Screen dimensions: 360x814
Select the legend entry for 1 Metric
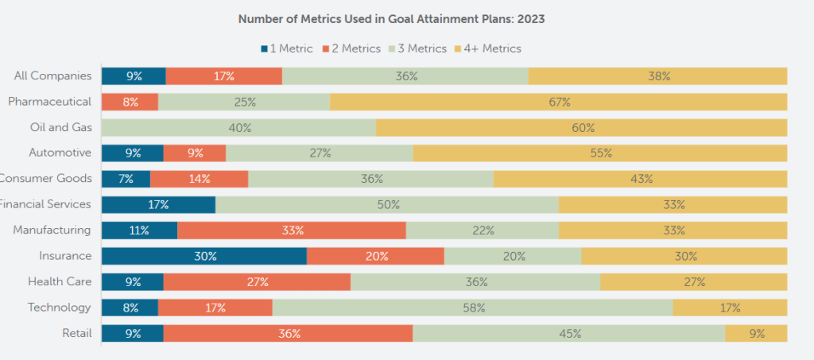(x=287, y=48)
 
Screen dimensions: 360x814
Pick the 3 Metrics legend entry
(x=418, y=48)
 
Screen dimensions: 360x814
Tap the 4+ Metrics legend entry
(x=487, y=48)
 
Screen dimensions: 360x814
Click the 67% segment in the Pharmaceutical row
(x=558, y=102)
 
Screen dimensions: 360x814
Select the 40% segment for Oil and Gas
(x=238, y=127)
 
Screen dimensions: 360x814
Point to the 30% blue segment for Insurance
(x=203, y=256)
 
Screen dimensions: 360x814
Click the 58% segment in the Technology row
(x=472, y=308)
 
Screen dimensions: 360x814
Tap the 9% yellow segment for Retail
(x=755, y=334)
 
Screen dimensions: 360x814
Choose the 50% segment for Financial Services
(x=386, y=204)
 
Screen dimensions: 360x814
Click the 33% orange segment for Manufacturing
(x=291, y=230)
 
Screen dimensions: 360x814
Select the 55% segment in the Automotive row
(x=600, y=153)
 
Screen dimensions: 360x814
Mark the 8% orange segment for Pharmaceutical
(x=130, y=102)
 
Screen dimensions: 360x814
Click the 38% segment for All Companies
(x=657, y=76)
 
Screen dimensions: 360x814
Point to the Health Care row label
(x=60, y=281)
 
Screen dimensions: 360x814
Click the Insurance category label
(x=65, y=256)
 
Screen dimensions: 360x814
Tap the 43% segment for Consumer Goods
(x=640, y=179)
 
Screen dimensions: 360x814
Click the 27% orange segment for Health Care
(x=257, y=281)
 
